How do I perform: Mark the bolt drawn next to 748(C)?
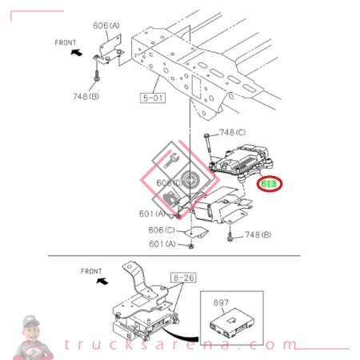point(207,144)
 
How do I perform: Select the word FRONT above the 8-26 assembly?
point(92,271)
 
